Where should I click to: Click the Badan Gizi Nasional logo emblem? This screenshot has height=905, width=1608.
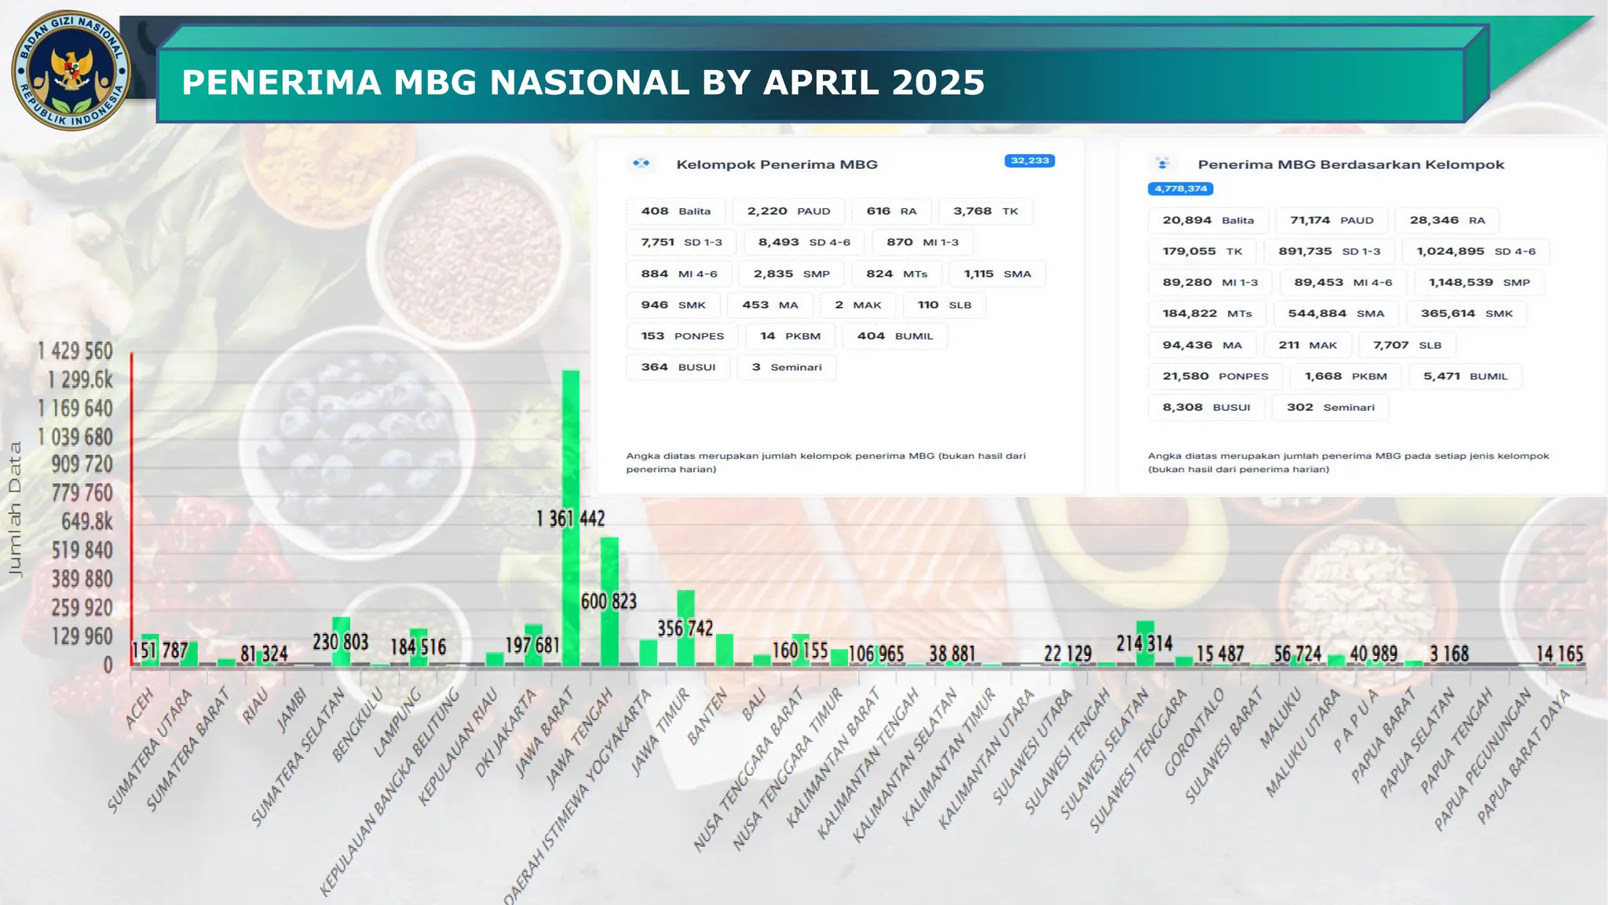click(71, 71)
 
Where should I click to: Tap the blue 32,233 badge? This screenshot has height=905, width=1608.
click(1029, 161)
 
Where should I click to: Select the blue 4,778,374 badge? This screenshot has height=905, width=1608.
click(1180, 189)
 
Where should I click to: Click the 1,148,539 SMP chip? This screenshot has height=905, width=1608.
click(1478, 282)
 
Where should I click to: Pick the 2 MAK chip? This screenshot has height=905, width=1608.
click(857, 305)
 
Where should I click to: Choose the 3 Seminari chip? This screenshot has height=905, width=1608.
click(786, 367)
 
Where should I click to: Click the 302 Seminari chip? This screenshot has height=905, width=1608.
click(1330, 407)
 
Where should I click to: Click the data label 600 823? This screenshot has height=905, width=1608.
click(608, 602)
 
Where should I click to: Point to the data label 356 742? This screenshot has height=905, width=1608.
click(685, 628)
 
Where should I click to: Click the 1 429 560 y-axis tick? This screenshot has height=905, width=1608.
click(75, 351)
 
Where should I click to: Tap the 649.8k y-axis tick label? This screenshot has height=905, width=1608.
click(86, 522)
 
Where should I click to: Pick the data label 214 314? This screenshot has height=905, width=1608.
click(1144, 644)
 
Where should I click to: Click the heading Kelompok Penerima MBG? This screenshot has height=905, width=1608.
click(777, 164)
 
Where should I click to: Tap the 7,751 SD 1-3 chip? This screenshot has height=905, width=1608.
click(681, 242)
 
